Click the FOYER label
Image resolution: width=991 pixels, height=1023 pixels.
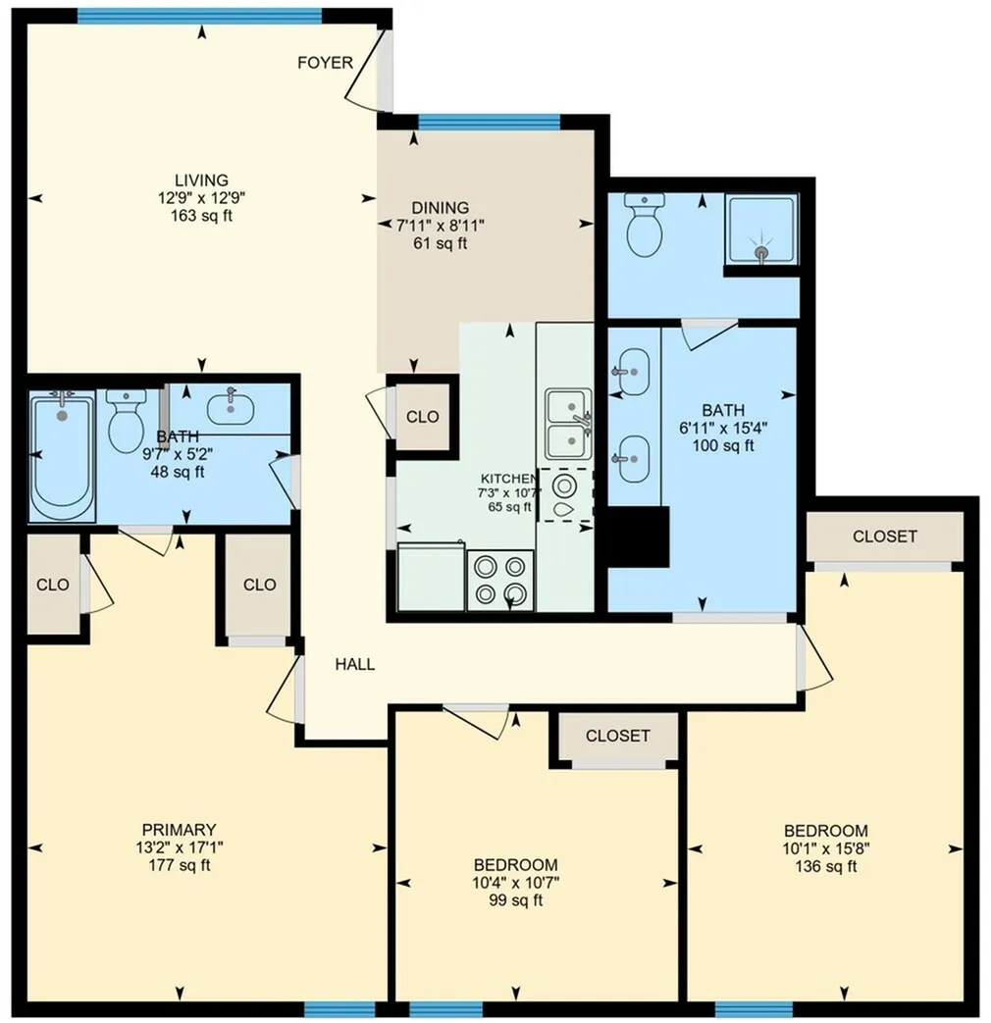click(x=325, y=63)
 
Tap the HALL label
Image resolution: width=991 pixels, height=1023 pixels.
click(x=355, y=664)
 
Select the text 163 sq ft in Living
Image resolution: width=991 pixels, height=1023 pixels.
click(x=202, y=216)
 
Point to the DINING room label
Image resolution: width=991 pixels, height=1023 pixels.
click(x=440, y=208)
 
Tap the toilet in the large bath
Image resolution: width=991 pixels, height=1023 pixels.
click(x=645, y=225)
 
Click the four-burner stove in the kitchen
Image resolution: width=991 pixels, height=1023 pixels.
click(x=500, y=580)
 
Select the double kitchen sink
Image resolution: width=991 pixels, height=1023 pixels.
click(x=569, y=424)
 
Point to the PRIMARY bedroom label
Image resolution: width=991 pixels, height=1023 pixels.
click(x=179, y=830)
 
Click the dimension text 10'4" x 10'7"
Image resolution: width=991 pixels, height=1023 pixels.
click(x=516, y=883)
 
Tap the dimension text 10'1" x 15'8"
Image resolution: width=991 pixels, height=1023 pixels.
click(x=826, y=848)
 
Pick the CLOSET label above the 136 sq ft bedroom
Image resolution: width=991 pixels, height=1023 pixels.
click(x=885, y=537)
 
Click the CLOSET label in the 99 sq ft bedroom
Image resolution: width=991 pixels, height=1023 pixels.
click(x=617, y=736)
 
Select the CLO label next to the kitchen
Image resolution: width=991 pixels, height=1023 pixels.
click(x=422, y=417)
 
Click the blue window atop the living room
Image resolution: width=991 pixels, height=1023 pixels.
click(x=200, y=16)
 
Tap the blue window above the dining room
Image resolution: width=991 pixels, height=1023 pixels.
click(x=489, y=122)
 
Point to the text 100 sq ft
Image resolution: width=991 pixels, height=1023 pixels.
click(x=723, y=445)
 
